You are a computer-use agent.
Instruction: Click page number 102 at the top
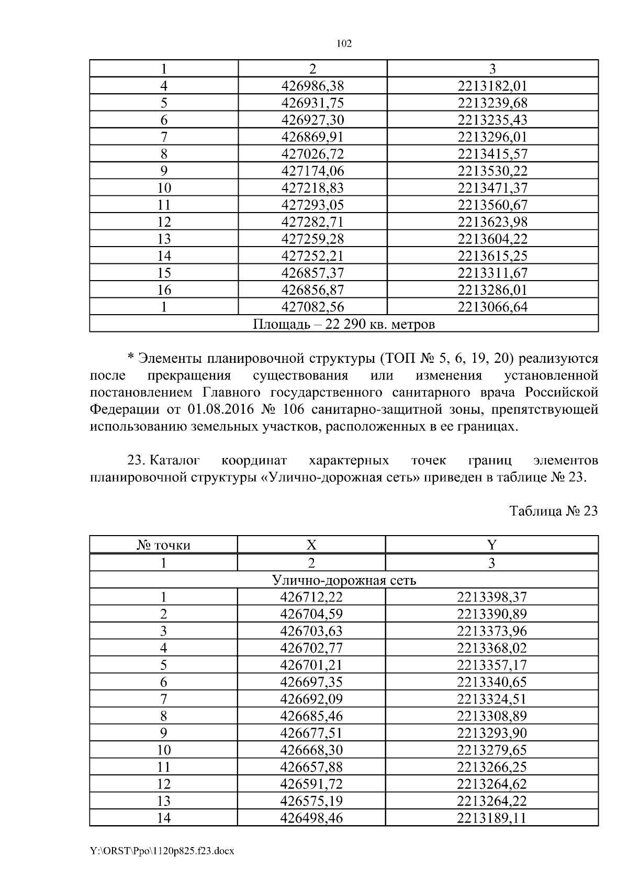[344, 44]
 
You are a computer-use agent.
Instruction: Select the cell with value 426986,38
[312, 86]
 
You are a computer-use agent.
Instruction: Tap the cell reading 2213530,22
[492, 171]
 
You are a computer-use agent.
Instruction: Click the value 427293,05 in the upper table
[312, 205]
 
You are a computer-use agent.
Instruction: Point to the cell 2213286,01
[492, 290]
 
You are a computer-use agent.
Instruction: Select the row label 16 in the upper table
[164, 290]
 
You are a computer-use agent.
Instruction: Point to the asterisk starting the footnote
[131, 359]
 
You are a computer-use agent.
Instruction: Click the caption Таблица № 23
[553, 511]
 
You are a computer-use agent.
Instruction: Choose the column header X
[311, 545]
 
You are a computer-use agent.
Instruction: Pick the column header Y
[491, 545]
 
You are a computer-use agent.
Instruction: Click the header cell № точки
[164, 545]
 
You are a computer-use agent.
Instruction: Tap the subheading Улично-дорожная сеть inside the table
[344, 580]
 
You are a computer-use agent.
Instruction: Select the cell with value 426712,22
[311, 597]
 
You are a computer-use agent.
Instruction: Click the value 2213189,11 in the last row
[491, 818]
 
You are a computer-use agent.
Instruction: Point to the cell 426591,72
[311, 784]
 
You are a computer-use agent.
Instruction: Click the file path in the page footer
[162, 851]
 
